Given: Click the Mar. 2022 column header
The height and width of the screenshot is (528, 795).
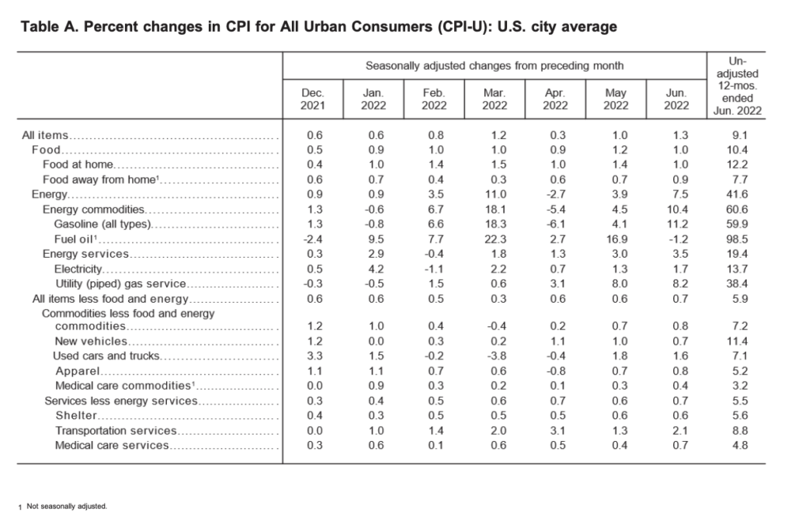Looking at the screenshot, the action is click(x=495, y=99).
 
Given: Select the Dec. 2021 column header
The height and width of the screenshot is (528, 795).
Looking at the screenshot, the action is click(x=312, y=99).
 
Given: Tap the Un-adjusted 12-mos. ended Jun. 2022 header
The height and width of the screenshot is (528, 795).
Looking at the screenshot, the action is click(x=738, y=85).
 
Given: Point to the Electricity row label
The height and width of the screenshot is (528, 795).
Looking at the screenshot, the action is click(x=78, y=269).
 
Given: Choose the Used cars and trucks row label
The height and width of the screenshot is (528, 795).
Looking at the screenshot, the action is click(x=106, y=356).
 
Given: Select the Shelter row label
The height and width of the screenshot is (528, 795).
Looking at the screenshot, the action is click(x=76, y=415).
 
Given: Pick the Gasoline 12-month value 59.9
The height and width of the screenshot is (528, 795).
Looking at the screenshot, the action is click(x=738, y=224).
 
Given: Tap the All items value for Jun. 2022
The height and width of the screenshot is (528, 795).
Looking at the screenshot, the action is click(x=680, y=135).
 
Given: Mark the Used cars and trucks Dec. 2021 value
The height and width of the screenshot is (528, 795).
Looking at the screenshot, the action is click(x=314, y=356).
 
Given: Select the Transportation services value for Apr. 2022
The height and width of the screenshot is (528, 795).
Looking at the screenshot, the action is click(x=557, y=431).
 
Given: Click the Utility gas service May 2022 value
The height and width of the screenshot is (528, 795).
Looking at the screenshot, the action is click(x=620, y=283).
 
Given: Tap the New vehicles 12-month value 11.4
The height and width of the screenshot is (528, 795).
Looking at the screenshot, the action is click(x=738, y=341).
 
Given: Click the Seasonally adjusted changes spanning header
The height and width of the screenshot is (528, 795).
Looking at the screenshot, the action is click(x=495, y=66).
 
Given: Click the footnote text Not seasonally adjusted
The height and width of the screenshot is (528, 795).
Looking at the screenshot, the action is click(x=67, y=506).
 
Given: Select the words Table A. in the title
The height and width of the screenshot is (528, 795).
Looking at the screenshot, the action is click(x=48, y=26).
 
